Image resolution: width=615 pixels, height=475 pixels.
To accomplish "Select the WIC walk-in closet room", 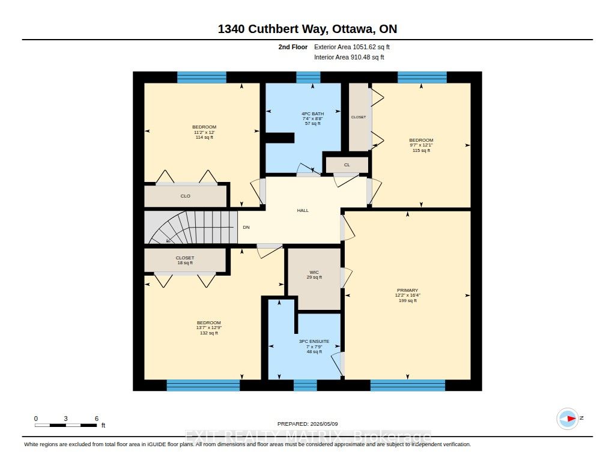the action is click(314, 279).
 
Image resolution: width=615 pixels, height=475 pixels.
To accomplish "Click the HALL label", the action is click(303, 211).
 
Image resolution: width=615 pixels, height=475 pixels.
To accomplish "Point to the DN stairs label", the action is click(246, 228).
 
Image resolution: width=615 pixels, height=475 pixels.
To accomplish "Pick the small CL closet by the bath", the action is click(347, 165).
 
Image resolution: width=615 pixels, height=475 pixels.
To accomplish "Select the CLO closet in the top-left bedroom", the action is click(186, 196).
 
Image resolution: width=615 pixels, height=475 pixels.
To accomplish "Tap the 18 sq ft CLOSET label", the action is click(185, 260).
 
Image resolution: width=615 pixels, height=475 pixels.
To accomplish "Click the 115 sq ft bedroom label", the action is click(421, 145).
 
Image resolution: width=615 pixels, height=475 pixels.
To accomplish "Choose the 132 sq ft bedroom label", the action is click(208, 328).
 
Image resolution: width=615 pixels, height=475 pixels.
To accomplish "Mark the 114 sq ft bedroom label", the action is click(204, 132).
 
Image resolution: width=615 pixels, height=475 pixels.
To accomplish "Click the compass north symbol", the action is click(568, 419).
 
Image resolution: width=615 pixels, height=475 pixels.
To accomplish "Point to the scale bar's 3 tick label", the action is click(66, 419).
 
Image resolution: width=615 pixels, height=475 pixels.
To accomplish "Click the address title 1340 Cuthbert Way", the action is click(307, 29).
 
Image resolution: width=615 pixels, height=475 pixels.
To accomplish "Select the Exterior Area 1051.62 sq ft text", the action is click(352, 47).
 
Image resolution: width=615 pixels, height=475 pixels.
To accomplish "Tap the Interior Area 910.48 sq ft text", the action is click(349, 57).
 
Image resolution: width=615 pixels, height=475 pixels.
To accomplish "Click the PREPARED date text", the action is click(307, 424).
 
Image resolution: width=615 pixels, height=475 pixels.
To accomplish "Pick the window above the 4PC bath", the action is click(308, 77).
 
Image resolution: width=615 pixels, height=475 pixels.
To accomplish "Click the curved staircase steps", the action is click(190, 228).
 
